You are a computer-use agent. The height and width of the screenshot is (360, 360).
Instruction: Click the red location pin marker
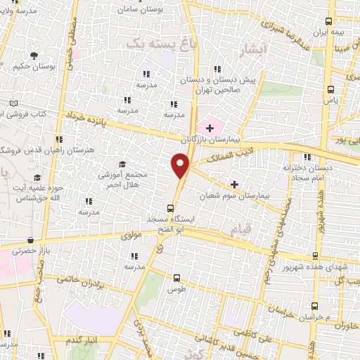(x=181, y=166)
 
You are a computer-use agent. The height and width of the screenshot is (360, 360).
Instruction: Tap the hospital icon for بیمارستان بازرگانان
(x=208, y=128)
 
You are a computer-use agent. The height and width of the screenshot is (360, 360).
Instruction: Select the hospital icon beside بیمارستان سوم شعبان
(x=234, y=184)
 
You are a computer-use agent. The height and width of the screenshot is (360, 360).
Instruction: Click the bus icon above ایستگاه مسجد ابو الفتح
(x=169, y=208)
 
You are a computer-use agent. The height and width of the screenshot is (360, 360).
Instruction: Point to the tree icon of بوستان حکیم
(x=33, y=56)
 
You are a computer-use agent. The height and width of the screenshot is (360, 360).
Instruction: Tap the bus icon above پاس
(x=331, y=89)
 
